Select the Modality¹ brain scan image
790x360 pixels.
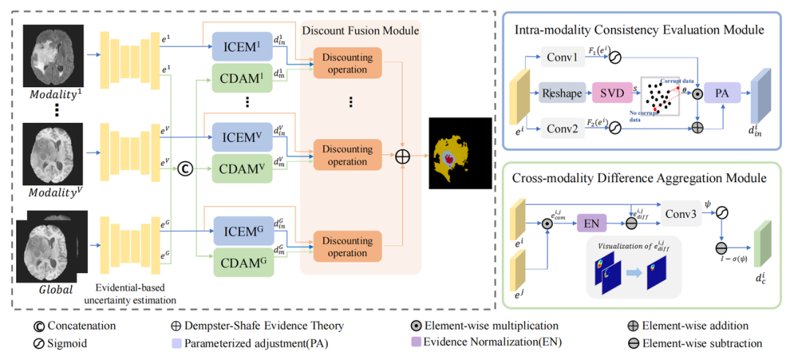coord(53,55)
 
